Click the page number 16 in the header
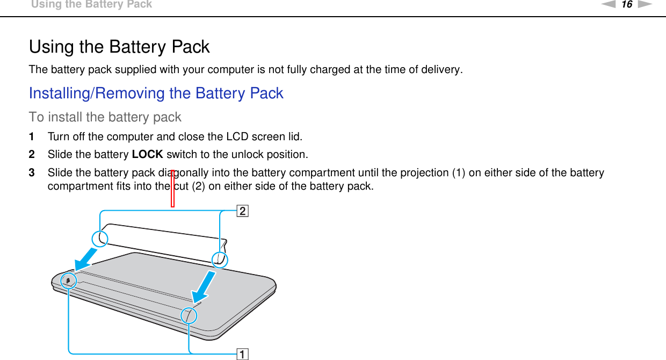coord(627,5)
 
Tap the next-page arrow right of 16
coord(645,5)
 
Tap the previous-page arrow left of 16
coord(609,5)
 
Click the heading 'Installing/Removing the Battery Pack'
coord(156,93)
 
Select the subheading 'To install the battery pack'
coord(105,117)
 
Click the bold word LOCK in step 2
coord(147,155)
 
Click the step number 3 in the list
coord(32,173)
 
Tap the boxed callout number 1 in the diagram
coord(243,354)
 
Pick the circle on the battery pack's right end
coord(220,260)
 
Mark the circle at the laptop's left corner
coord(69,280)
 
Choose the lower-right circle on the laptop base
coord(189,315)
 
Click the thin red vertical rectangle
coord(173,188)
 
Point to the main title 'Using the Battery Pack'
coord(119,47)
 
